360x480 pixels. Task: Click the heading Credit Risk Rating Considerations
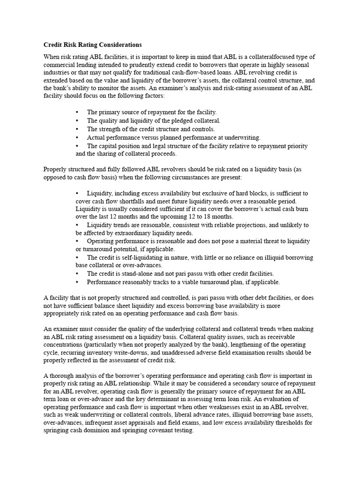click(92, 45)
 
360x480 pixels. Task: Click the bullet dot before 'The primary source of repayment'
click(77, 112)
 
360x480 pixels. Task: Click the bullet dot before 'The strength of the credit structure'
click(77, 129)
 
